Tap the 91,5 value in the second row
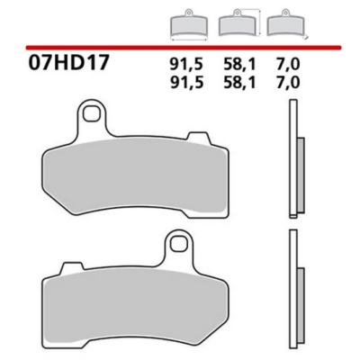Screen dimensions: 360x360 [184, 83]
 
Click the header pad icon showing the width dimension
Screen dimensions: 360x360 [185, 23]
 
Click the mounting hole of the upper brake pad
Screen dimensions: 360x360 [91, 114]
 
